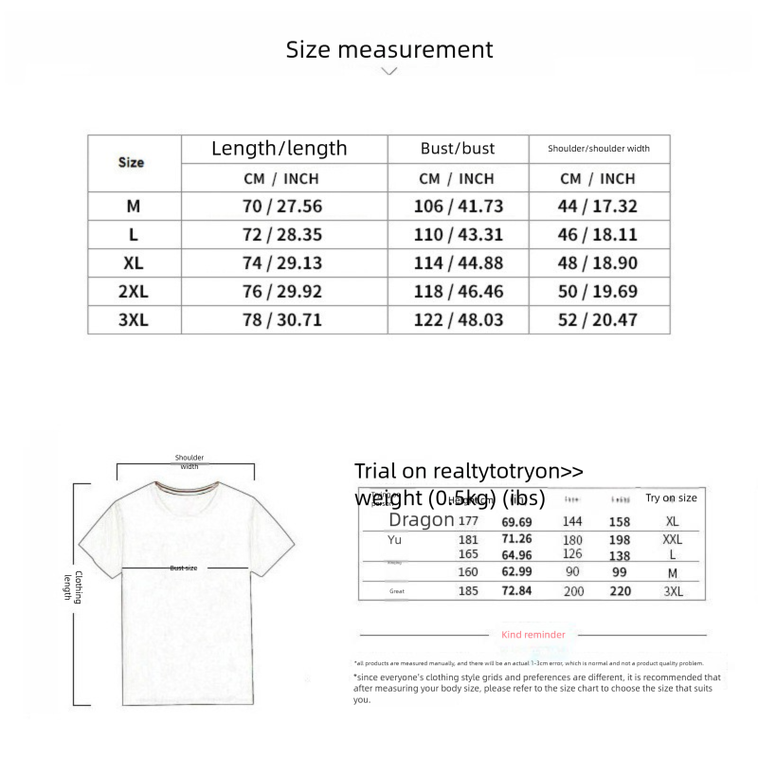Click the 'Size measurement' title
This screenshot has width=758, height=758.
tap(389, 49)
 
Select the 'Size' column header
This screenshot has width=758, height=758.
tap(131, 162)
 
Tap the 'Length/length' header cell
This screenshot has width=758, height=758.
tap(280, 149)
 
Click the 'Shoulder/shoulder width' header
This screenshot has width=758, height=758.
tap(599, 149)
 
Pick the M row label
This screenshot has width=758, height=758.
tap(133, 206)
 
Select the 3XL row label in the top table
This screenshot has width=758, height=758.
tap(134, 320)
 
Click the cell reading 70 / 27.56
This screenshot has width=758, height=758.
tap(282, 206)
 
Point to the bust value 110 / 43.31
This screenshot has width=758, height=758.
tap(459, 235)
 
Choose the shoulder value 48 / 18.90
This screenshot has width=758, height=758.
tap(598, 263)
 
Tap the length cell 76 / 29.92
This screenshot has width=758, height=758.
tap(282, 292)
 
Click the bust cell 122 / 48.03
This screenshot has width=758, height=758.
tap(459, 320)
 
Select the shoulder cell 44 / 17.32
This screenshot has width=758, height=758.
tap(598, 206)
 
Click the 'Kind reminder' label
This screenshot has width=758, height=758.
tap(533, 635)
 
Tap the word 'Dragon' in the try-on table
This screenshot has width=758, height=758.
tap(422, 520)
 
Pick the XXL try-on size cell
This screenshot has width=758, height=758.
tap(672, 538)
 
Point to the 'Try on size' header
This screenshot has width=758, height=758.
tap(671, 498)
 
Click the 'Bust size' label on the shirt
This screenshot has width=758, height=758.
tap(184, 568)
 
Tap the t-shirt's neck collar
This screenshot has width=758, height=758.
tap(186, 491)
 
